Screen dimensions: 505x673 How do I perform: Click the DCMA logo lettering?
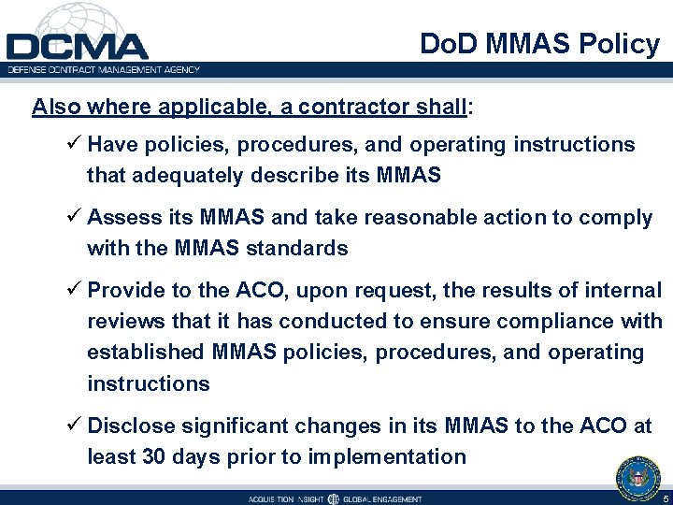[77, 46]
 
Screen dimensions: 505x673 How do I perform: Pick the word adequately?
[187, 175]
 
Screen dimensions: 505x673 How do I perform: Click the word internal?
[616, 291]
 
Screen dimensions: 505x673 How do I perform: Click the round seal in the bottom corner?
[638, 478]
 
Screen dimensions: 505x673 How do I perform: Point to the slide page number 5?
[665, 498]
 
